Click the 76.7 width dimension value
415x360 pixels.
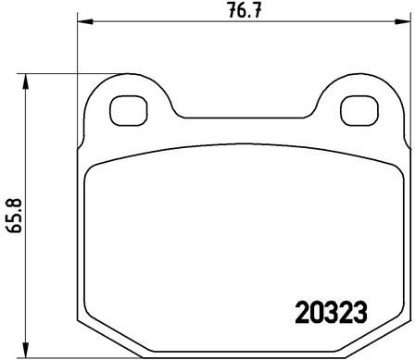244,10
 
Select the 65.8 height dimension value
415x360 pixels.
15,215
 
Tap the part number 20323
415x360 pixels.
331,312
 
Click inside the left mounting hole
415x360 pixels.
129,110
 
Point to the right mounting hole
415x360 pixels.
359,110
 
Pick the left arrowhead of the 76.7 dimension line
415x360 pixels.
85,21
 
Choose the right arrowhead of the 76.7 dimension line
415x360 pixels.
403,21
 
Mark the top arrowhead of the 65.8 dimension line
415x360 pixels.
26,81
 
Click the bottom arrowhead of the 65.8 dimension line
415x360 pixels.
26,350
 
